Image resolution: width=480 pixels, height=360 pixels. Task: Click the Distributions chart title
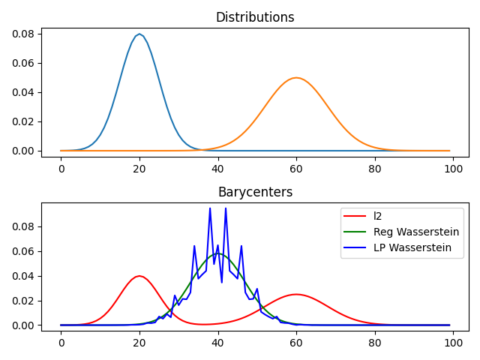tap(255, 17)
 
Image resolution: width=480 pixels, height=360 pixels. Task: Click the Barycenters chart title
tap(255, 192)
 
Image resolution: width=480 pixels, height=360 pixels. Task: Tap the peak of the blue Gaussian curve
tap(139, 34)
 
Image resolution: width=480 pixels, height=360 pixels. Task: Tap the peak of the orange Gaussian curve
tap(296, 78)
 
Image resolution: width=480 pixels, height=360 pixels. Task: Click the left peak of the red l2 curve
tap(139, 276)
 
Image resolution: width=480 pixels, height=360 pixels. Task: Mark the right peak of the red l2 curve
tap(296, 294)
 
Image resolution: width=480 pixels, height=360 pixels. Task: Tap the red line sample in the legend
tap(357, 216)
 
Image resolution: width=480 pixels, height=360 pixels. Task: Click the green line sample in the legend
tap(357, 232)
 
